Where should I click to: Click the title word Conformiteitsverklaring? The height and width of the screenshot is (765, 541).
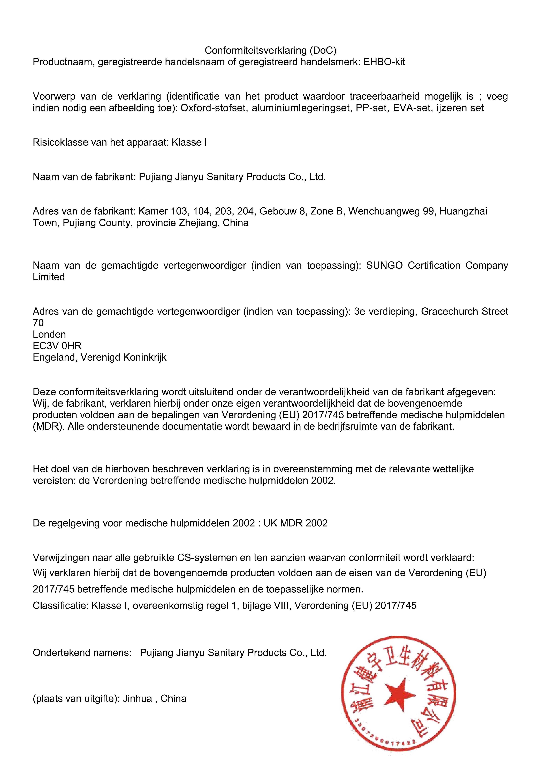[256, 50]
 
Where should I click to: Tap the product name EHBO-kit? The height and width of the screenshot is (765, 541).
[384, 62]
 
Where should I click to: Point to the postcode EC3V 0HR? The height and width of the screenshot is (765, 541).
[57, 346]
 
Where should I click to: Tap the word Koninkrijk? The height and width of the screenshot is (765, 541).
[145, 358]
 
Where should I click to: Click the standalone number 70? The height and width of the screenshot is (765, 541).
[38, 323]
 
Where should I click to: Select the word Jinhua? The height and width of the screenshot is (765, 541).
[137, 698]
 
